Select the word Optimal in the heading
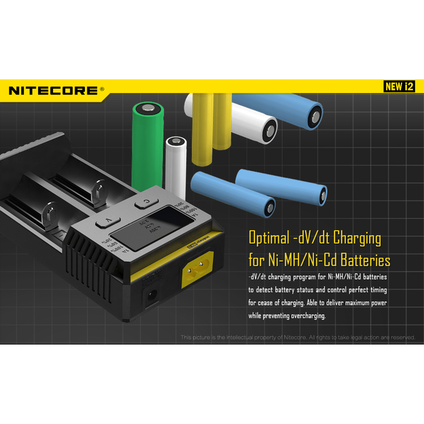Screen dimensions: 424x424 (x=269, y=239)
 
